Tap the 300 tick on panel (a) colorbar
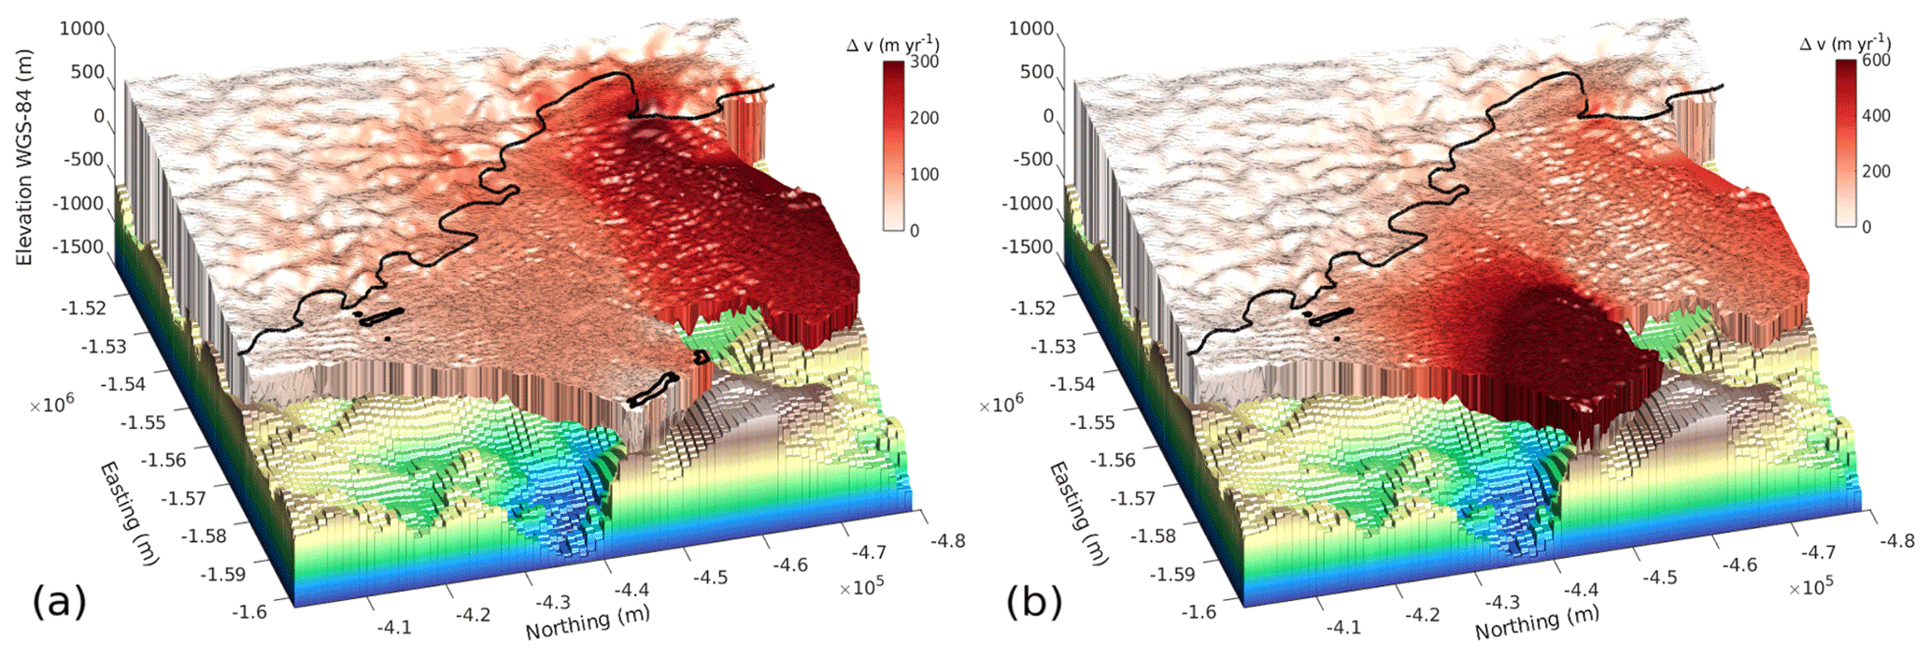[x=924, y=62]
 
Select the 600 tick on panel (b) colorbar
[x=1875, y=61]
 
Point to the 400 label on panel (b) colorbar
[x=1875, y=116]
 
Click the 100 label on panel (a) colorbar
[x=924, y=175]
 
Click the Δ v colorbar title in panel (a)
[x=892, y=44]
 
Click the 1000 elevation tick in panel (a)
[x=82, y=29]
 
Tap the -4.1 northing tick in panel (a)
[x=392, y=627]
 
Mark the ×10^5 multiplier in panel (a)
[x=860, y=587]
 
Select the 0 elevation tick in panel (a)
[x=98, y=117]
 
